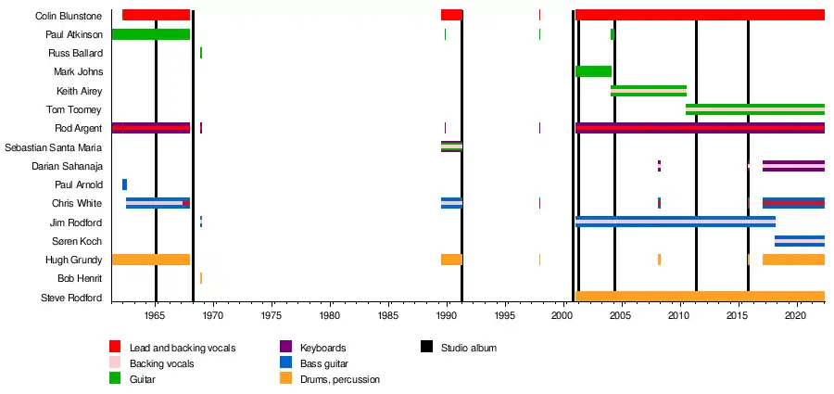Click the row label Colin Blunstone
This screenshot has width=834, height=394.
point(68,16)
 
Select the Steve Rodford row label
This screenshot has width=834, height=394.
point(71,298)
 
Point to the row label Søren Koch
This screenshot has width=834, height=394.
point(80,241)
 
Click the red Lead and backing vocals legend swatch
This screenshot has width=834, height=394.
point(115,347)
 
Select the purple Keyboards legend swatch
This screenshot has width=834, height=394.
point(285,347)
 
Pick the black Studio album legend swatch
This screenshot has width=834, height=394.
point(426,347)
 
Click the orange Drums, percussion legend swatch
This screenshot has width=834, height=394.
point(285,378)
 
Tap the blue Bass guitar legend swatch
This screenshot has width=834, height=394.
point(285,362)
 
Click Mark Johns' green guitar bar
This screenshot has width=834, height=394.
point(593,71)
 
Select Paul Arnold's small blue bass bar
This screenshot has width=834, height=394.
point(124,184)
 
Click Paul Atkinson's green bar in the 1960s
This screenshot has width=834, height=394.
point(150,34)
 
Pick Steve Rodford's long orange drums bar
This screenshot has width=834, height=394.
point(700,297)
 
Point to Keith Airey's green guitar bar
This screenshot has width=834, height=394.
point(648,91)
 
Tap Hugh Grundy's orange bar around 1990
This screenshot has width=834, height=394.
point(451,260)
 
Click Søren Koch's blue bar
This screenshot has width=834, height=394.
point(799,241)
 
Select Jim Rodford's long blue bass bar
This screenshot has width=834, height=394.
point(675,222)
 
